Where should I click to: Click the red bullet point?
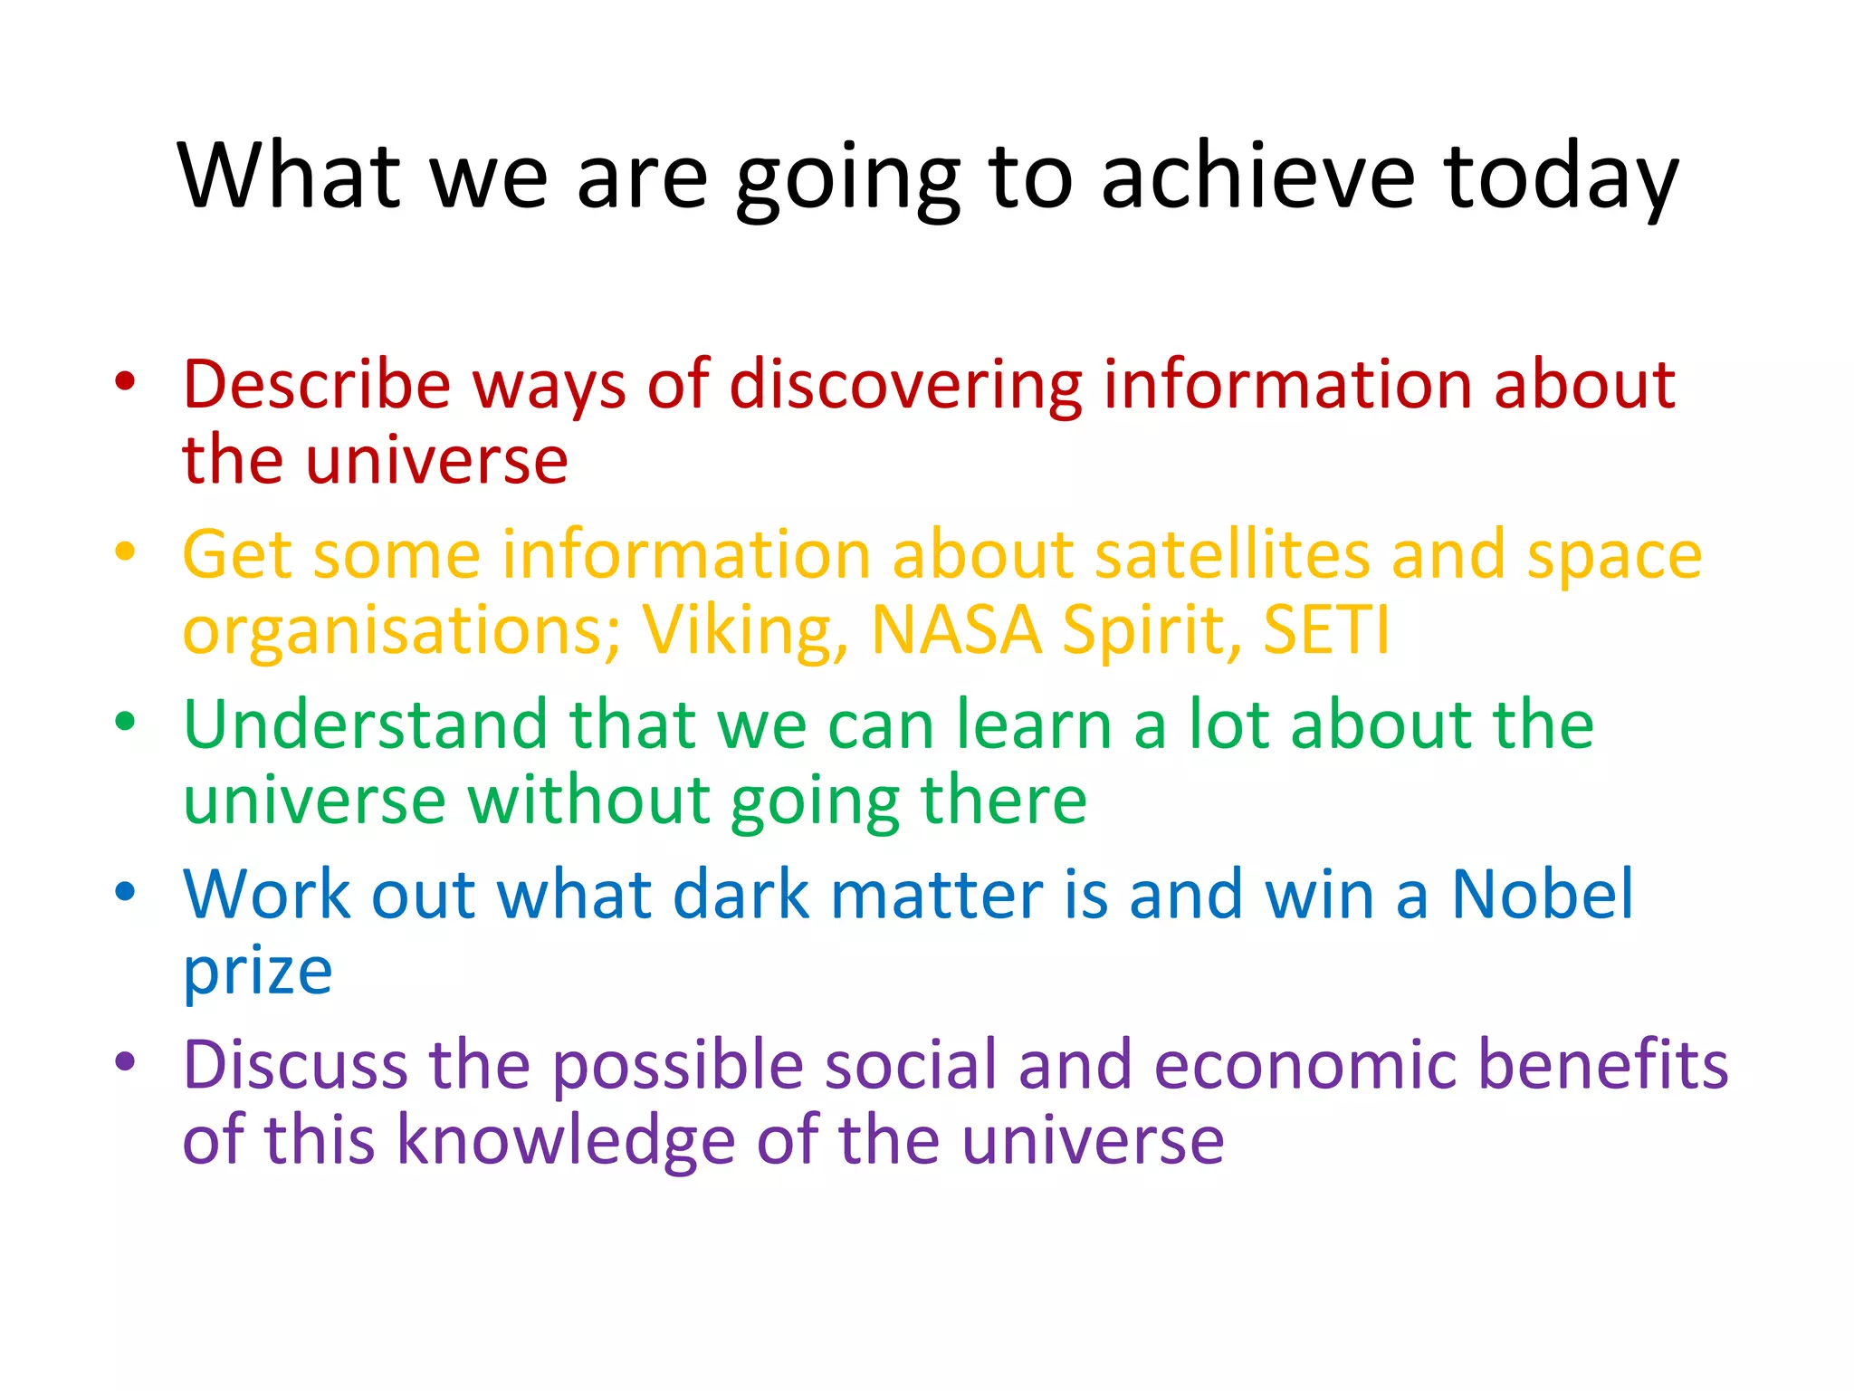tap(125, 381)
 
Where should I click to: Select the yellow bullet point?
tap(125, 551)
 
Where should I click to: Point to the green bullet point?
tap(125, 722)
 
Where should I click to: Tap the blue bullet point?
tap(125, 891)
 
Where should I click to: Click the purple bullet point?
tap(125, 1060)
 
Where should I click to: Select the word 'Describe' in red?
tap(316, 385)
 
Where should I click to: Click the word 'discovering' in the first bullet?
tap(905, 385)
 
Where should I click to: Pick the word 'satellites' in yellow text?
tap(1231, 554)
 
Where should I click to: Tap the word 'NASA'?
tap(956, 630)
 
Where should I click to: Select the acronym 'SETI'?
tap(1325, 630)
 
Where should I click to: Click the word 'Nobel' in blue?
tap(1543, 895)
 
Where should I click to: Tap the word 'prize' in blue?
tap(257, 974)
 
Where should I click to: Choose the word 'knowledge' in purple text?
tap(567, 1140)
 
